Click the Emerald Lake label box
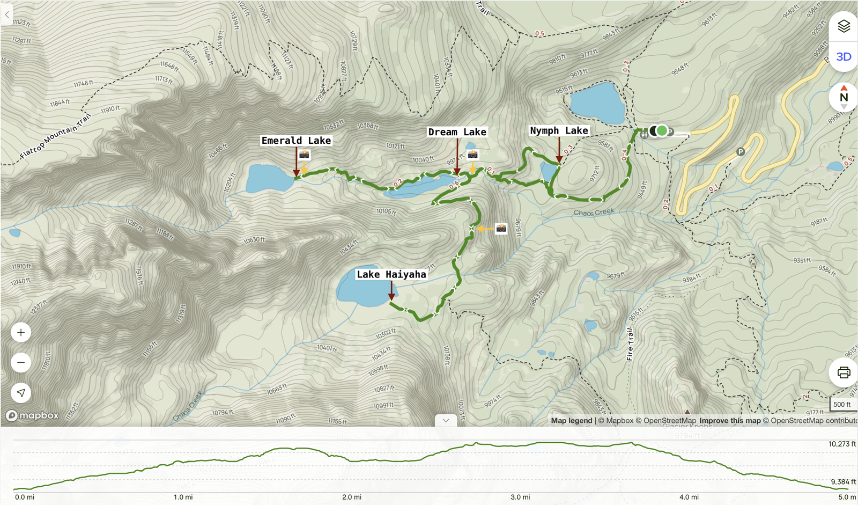point(296,141)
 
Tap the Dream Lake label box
point(457,132)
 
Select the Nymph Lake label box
point(559,130)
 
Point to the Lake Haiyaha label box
point(391,274)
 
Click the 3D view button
point(844,57)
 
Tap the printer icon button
point(844,372)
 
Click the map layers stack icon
point(844,26)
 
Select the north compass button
point(844,97)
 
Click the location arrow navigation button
point(21,393)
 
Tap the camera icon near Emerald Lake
point(304,155)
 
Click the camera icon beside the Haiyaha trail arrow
point(501,228)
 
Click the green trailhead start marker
point(662,130)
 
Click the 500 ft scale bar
point(842,405)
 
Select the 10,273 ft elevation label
point(842,444)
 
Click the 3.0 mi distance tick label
point(520,497)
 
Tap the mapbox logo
point(33,415)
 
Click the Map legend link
point(572,421)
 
